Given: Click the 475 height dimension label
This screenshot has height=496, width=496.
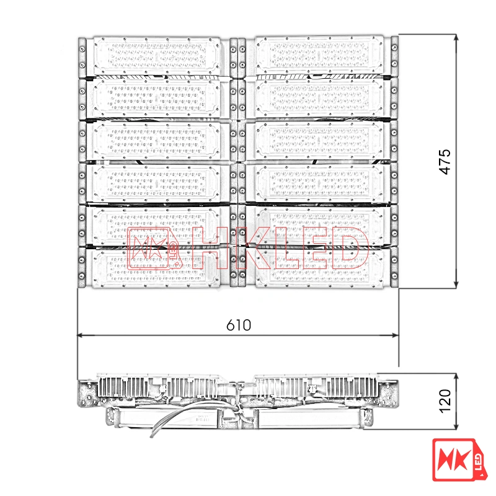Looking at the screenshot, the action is pos(445,162).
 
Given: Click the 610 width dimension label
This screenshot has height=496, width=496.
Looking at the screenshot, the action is pos(239,325).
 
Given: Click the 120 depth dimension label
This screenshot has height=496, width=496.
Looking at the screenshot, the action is pos(445,401).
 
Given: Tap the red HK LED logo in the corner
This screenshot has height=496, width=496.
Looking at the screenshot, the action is pos(459,459).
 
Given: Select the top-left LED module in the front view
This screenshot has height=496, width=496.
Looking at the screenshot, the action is pos(157,56).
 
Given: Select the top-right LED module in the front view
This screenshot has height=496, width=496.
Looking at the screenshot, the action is pos(319,56).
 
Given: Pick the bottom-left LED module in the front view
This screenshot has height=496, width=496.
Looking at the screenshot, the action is pos(156,268).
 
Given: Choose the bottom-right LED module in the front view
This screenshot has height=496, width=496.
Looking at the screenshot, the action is pos(319,268).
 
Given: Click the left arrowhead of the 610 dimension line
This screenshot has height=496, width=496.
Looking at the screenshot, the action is pos(81,335).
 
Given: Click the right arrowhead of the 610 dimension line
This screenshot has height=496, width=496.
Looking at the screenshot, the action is pos(396,335).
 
